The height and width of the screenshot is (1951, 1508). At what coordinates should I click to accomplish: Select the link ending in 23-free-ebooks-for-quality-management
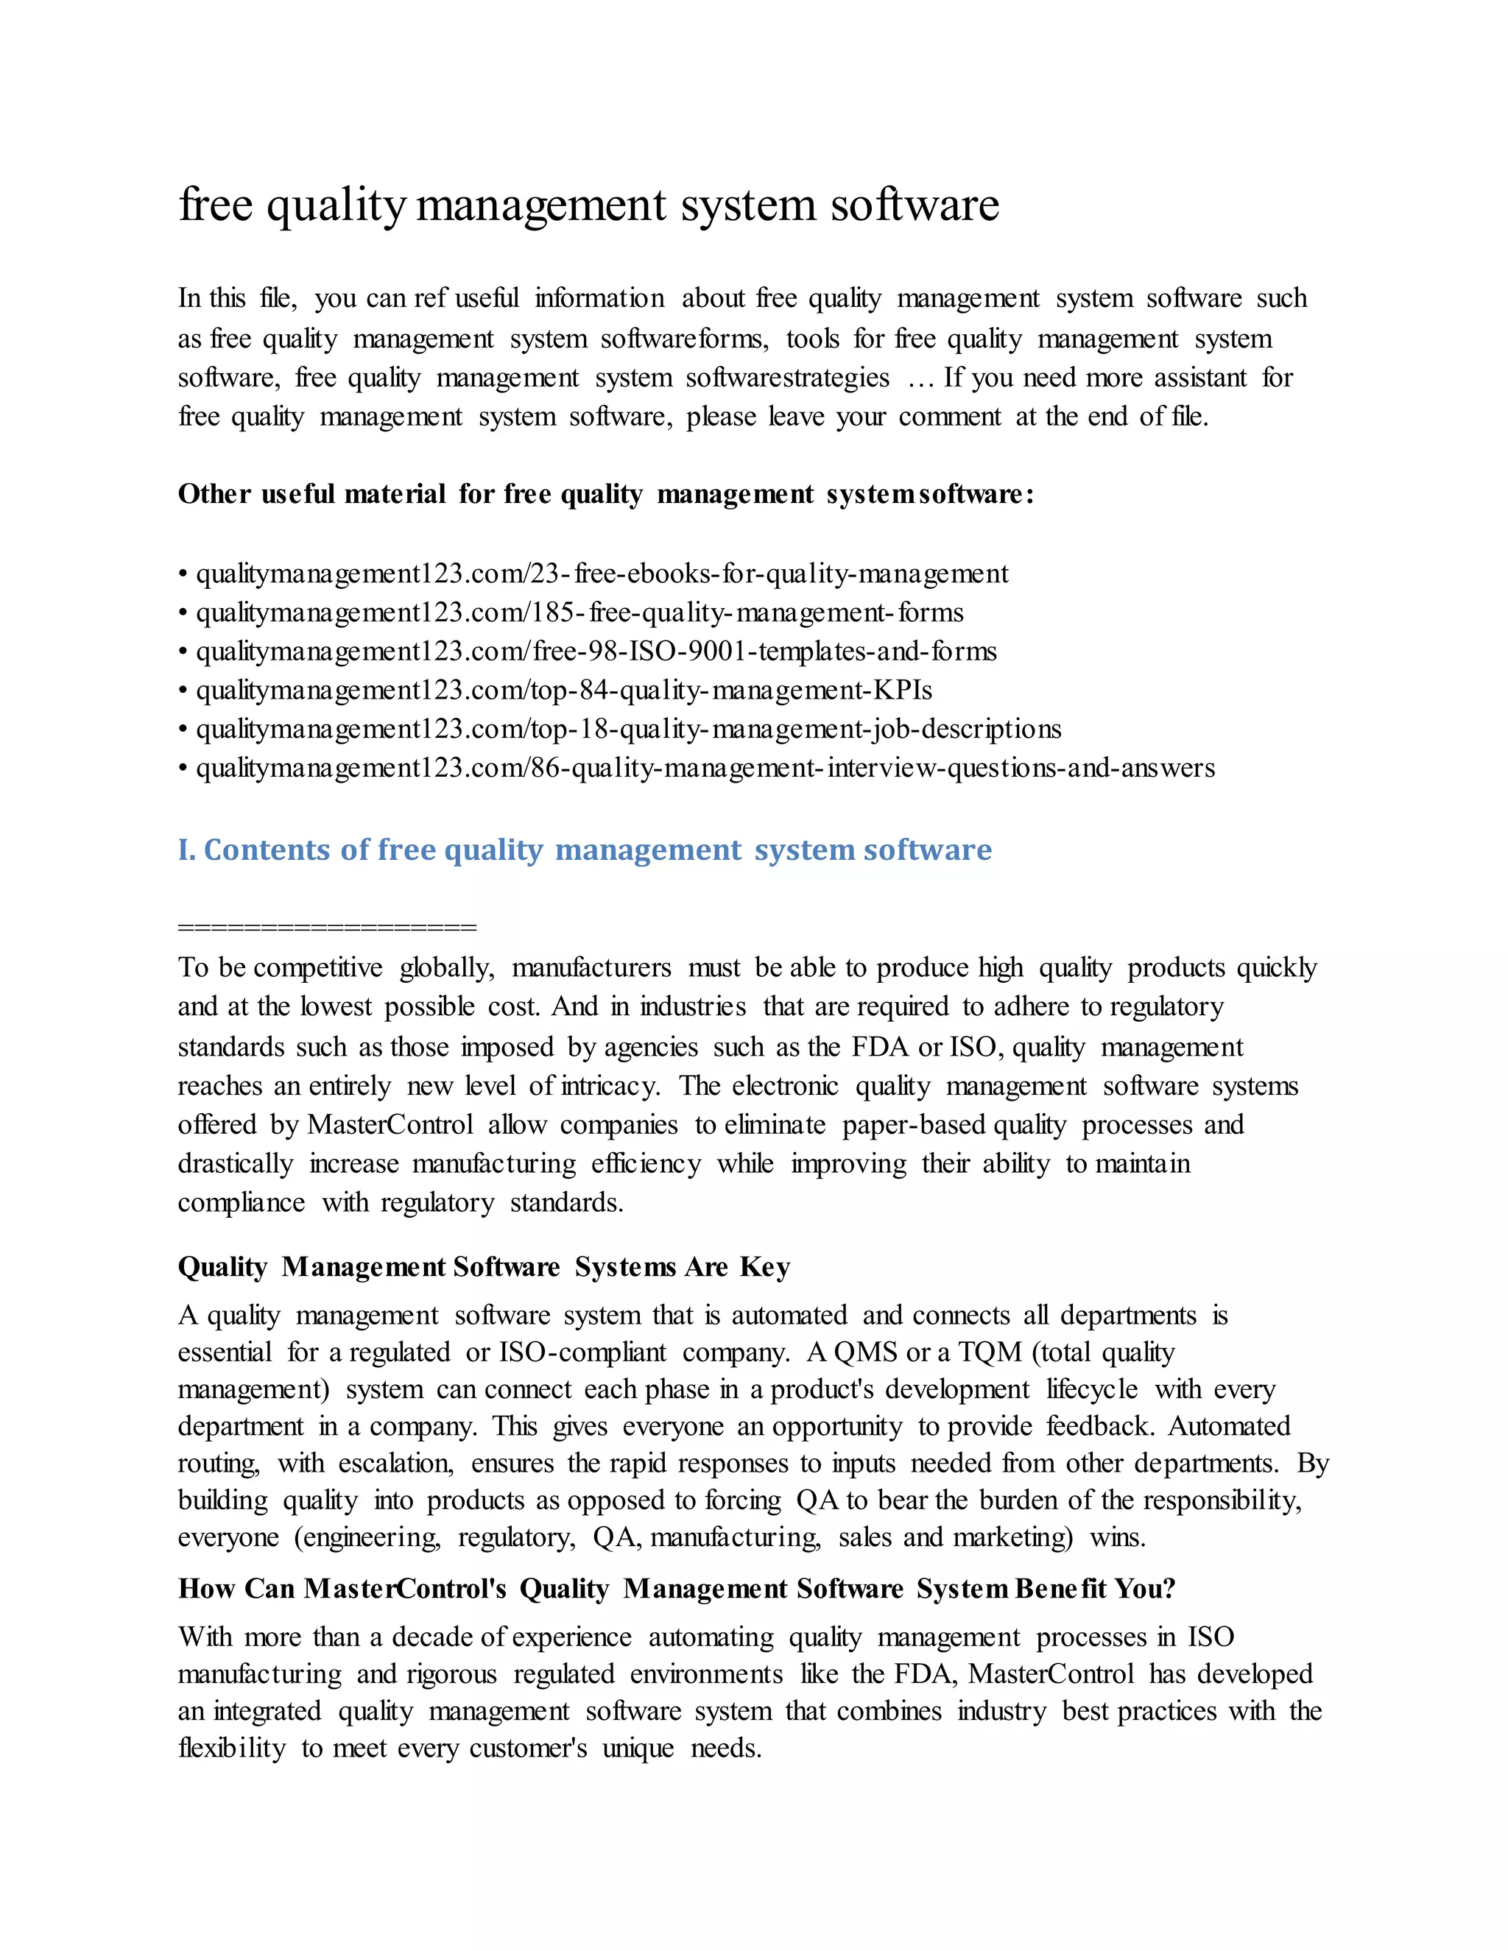point(602,574)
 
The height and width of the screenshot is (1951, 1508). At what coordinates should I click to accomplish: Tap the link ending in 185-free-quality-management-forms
point(579,613)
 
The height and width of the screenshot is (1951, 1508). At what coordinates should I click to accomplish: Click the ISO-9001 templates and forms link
point(596,652)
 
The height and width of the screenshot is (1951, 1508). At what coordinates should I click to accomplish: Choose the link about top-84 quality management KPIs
point(564,691)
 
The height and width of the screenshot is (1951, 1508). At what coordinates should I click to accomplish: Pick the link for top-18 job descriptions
point(628,729)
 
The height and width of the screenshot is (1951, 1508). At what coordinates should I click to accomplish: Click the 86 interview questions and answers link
point(705,768)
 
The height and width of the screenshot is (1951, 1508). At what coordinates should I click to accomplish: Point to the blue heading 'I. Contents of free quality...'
point(584,850)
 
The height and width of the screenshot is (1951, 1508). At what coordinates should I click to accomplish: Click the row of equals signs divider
point(327,926)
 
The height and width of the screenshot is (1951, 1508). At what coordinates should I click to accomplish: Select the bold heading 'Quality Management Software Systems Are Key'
point(483,1267)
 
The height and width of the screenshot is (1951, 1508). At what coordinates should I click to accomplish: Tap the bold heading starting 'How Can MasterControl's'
point(676,1588)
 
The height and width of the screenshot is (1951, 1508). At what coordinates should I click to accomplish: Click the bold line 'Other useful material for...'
point(606,494)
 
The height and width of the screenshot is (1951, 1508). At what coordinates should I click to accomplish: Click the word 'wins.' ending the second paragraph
point(1117,1537)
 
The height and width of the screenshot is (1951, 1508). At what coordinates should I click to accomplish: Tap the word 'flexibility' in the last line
point(231,1749)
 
